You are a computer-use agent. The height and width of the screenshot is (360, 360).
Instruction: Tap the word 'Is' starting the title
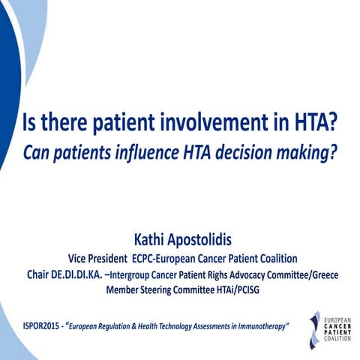tap(32, 121)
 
